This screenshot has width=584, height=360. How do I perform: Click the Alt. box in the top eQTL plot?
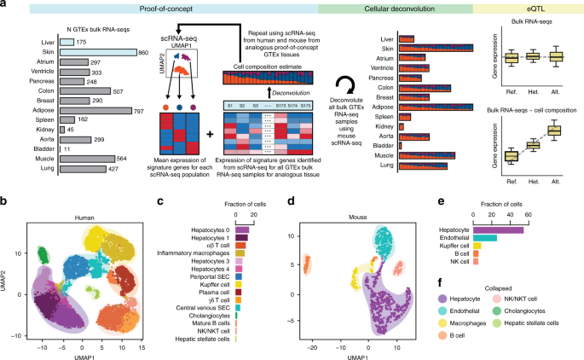555,57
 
